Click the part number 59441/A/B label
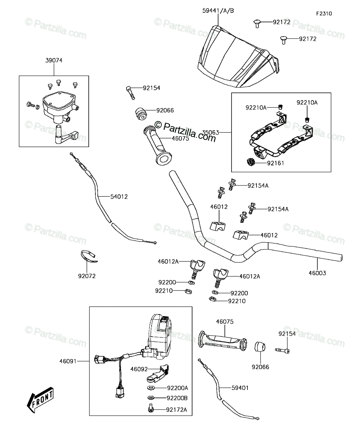click(x=218, y=11)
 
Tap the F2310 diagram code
click(x=324, y=14)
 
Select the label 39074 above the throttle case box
click(x=54, y=60)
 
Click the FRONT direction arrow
click(x=40, y=400)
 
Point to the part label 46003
click(x=317, y=273)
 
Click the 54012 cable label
click(x=119, y=197)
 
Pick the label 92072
click(x=87, y=276)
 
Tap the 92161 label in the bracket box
click(x=276, y=163)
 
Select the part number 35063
click(x=211, y=132)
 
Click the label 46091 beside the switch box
click(x=68, y=361)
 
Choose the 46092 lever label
click(x=139, y=369)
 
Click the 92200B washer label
click(x=177, y=398)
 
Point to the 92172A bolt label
click(x=177, y=410)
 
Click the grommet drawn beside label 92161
click(x=251, y=162)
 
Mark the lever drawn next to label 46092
click(x=158, y=373)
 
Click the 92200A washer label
click(x=178, y=388)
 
